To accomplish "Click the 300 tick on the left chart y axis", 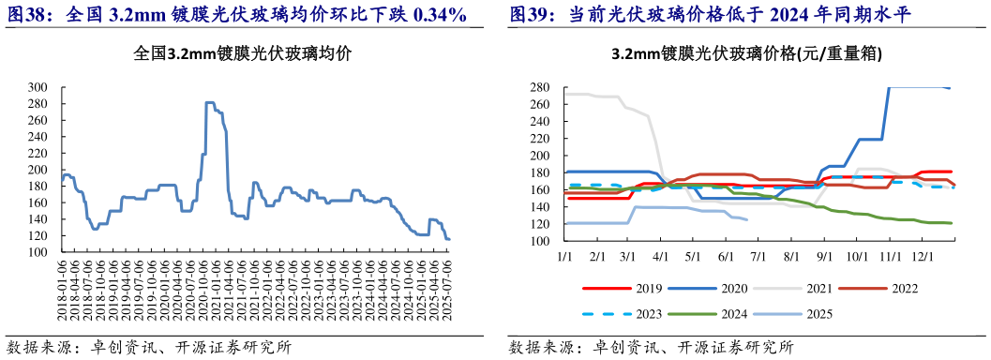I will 38,87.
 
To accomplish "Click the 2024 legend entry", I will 731,314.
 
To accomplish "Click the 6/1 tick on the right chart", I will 726,254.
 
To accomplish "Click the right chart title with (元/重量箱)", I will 745,54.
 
